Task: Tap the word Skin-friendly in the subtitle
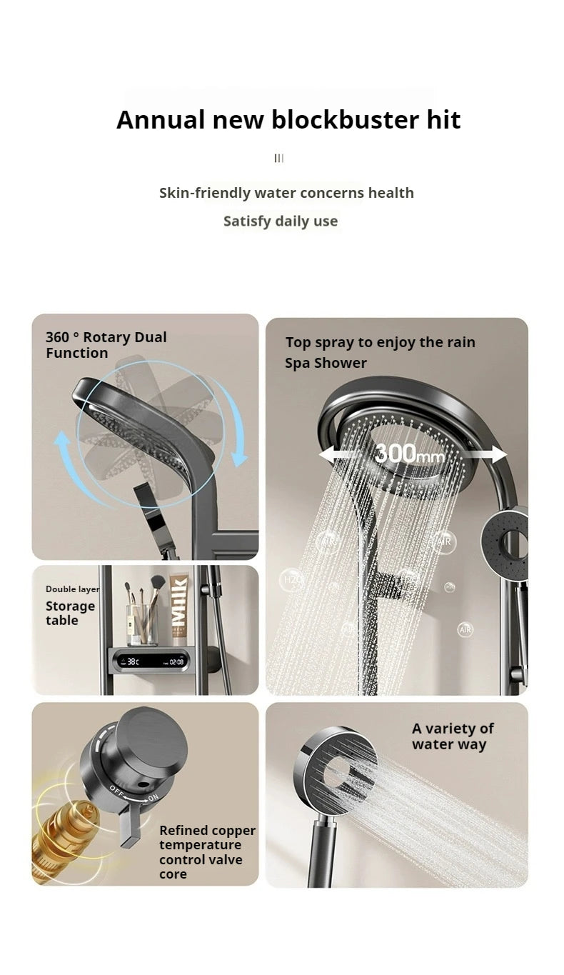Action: pos(204,193)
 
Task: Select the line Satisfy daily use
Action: pos(281,221)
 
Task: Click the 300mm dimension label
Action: pos(410,454)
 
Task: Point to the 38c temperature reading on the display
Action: pos(133,661)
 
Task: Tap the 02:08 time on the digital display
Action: pos(176,662)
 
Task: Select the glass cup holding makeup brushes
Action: pos(142,624)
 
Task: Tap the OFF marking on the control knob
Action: pos(116,789)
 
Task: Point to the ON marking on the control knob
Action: pos(153,798)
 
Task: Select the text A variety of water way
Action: pos(453,736)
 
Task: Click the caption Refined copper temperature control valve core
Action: pos(207,852)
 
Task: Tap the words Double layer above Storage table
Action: pos(73,589)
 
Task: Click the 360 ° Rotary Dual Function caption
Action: pos(106,345)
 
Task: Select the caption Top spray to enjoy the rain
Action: pos(381,342)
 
